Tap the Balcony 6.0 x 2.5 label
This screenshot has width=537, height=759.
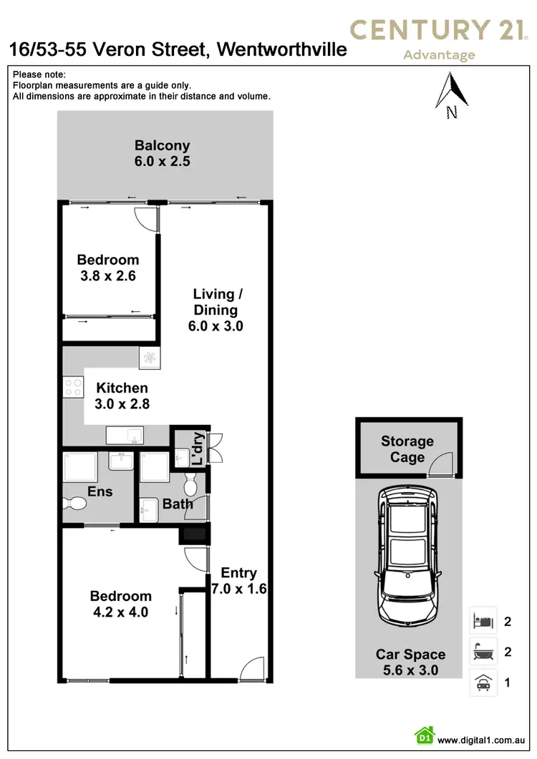pyautogui.click(x=162, y=154)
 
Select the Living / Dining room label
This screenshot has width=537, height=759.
pyautogui.click(x=215, y=310)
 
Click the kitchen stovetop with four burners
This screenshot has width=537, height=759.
pyautogui.click(x=74, y=387)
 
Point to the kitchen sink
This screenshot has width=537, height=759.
pyautogui.click(x=125, y=434)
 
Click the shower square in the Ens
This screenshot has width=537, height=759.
pyautogui.click(x=79, y=467)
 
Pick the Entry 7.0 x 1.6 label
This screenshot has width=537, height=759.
pyautogui.click(x=238, y=580)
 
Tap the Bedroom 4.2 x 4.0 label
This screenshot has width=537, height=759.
pyautogui.click(x=120, y=604)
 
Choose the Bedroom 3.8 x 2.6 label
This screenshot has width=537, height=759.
pyautogui.click(x=108, y=268)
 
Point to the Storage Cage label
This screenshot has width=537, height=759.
pyautogui.click(x=407, y=449)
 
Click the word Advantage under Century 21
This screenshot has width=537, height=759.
pyautogui.click(x=439, y=55)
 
